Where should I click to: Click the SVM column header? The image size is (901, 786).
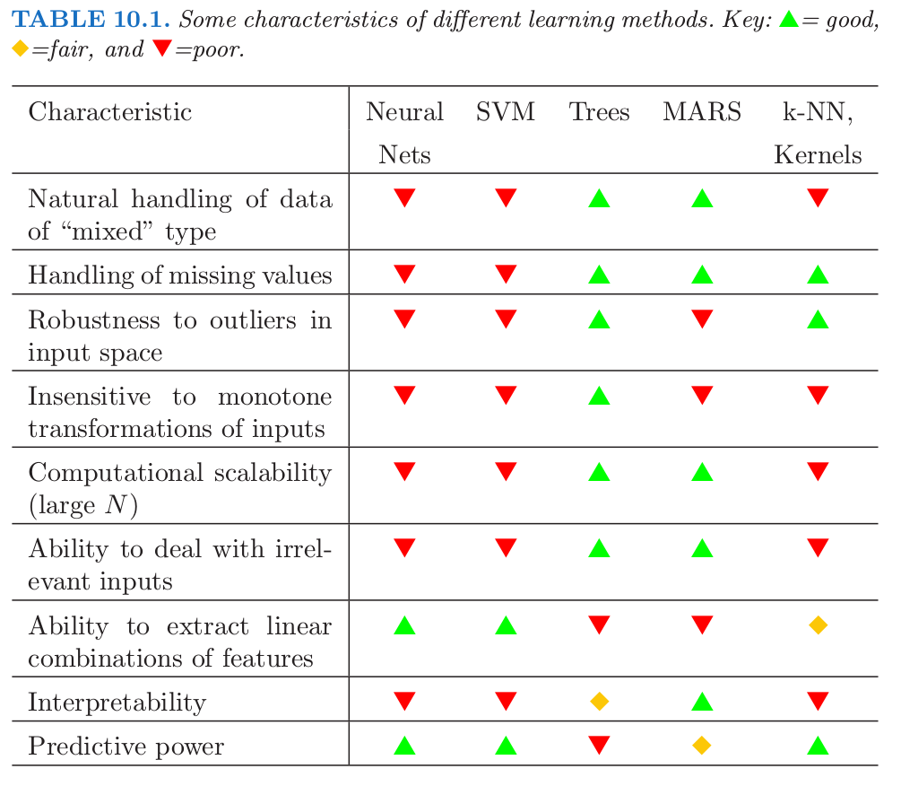[x=506, y=112]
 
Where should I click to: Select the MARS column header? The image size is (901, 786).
[x=702, y=112]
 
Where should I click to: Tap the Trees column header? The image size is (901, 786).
[x=599, y=112]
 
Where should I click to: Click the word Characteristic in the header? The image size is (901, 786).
[x=110, y=112]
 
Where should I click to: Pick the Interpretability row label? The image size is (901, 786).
[x=117, y=702]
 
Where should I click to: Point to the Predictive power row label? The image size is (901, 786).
[x=126, y=747]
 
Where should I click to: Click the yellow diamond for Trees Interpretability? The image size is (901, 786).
[x=600, y=702]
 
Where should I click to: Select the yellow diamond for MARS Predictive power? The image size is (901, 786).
[x=702, y=745]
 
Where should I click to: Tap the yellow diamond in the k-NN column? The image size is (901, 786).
[x=818, y=625]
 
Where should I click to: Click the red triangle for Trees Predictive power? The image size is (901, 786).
[x=600, y=744]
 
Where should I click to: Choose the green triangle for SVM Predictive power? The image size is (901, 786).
[x=506, y=746]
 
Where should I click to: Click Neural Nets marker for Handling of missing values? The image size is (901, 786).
[x=405, y=274]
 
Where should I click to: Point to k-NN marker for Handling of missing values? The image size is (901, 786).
[x=818, y=275]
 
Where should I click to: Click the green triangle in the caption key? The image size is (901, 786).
[x=789, y=21]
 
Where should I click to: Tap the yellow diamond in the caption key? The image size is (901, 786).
[x=20, y=49]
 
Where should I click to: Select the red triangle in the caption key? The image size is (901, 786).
[x=162, y=49]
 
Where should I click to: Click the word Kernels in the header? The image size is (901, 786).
[x=818, y=154]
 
